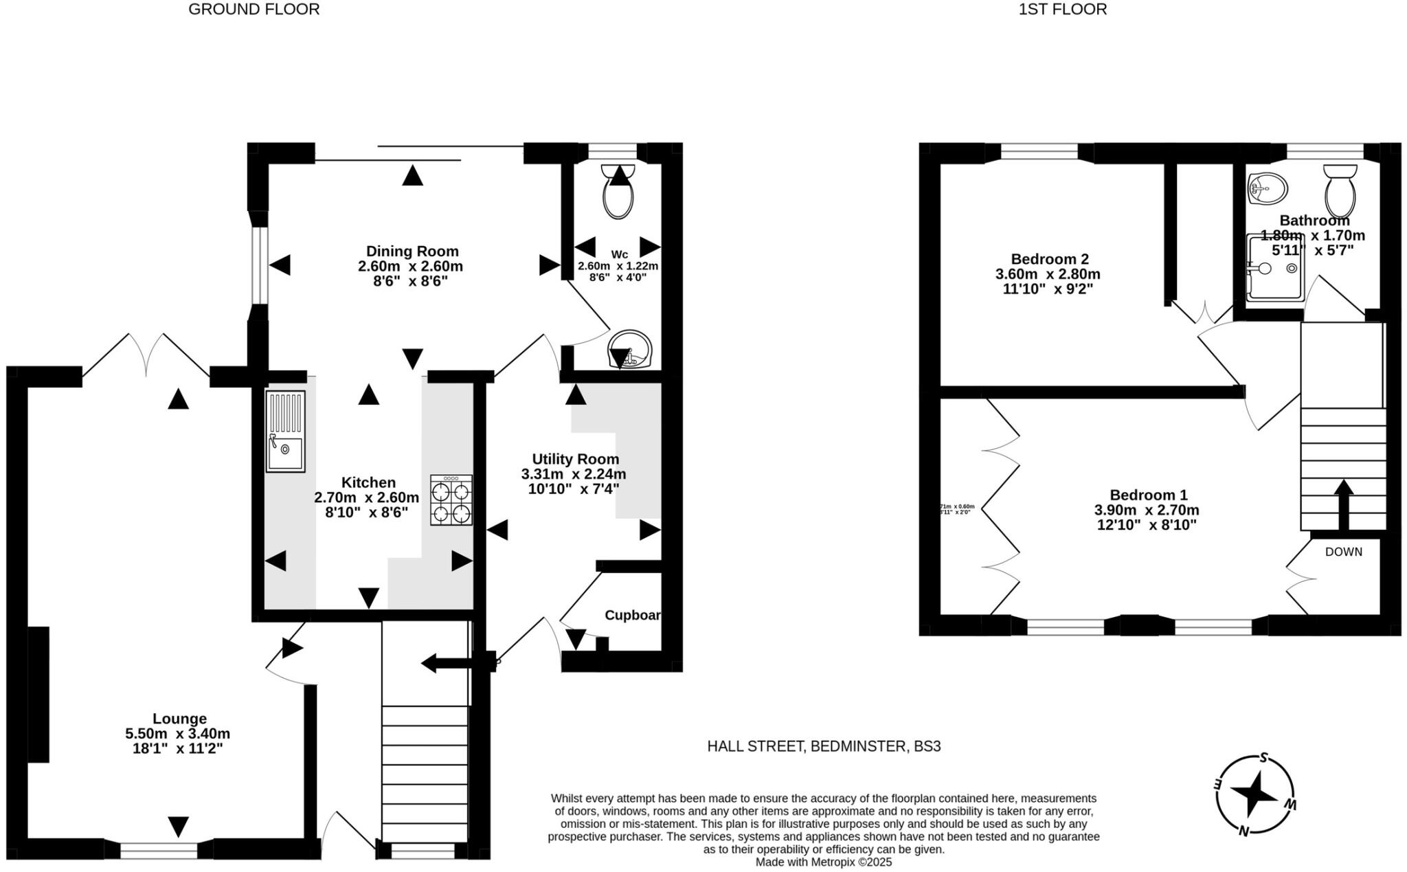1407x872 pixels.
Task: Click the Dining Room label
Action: [412, 251]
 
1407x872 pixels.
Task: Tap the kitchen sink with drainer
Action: [285, 431]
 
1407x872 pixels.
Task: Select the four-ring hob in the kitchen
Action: [451, 500]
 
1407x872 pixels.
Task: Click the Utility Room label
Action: [575, 459]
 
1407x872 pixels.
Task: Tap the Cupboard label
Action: [632, 615]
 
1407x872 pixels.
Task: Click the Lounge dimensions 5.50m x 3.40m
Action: [178, 734]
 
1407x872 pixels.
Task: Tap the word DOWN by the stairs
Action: [1343, 552]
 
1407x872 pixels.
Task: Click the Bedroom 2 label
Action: [1049, 259]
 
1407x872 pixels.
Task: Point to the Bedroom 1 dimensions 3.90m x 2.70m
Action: [1147, 510]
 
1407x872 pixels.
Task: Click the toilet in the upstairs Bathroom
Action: [1340, 190]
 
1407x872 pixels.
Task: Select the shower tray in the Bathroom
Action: [1275, 269]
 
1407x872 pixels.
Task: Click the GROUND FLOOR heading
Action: [254, 10]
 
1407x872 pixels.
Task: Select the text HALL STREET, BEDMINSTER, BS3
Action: [824, 746]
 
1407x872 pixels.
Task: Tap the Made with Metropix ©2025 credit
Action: [823, 862]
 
